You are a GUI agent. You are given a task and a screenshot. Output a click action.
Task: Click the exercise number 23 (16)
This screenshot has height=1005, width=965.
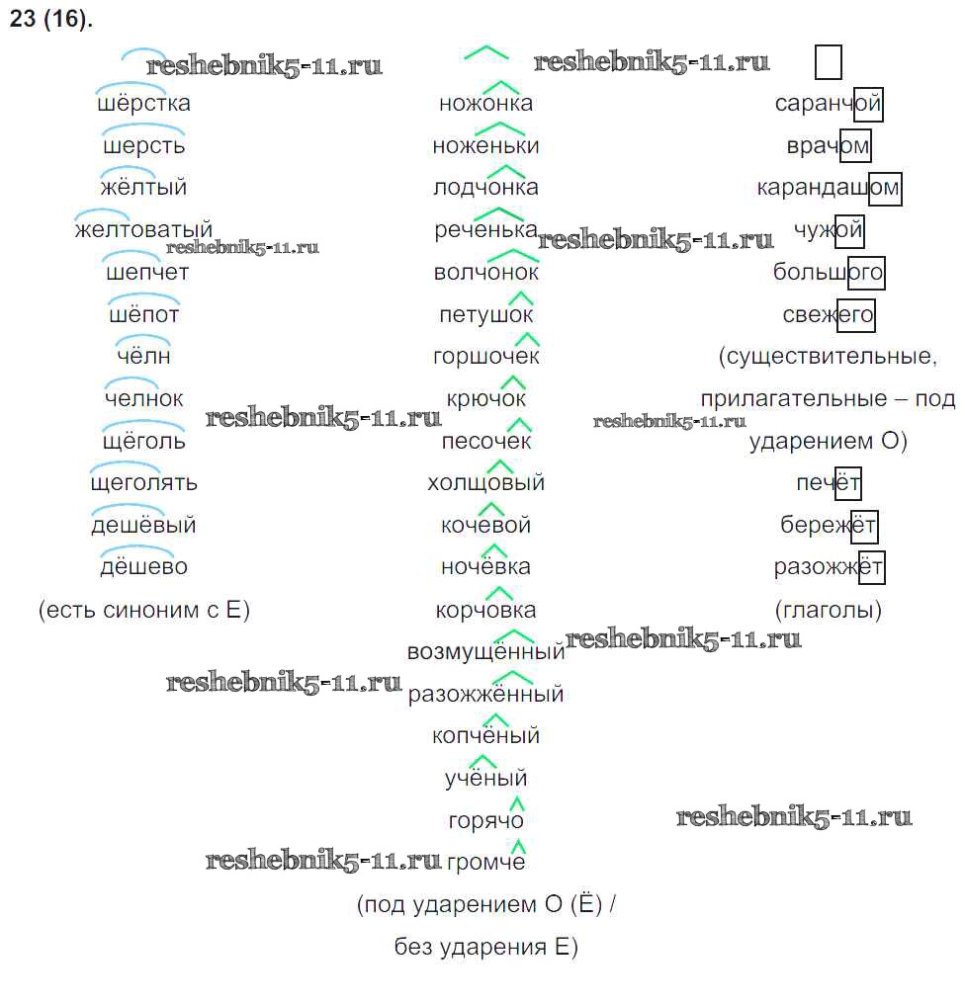[x=50, y=20]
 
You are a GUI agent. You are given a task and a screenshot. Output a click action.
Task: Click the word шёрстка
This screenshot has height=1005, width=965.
[x=144, y=103]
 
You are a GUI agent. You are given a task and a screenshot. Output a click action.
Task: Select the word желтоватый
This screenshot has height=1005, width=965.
[x=143, y=230]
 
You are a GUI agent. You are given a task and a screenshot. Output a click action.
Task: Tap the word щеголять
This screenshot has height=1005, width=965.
[x=144, y=482]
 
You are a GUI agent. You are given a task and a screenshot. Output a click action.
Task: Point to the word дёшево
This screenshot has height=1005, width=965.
[x=144, y=567]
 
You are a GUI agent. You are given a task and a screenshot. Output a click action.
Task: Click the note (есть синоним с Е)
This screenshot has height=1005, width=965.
[x=144, y=611]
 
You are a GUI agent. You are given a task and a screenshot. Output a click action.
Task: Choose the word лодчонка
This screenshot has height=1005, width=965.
[x=485, y=188]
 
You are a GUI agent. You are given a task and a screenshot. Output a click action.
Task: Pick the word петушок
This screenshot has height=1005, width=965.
[x=485, y=315]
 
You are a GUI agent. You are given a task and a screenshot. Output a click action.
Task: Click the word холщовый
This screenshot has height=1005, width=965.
[x=485, y=483]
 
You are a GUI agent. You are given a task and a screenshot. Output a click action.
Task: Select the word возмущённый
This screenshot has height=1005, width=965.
[x=485, y=652]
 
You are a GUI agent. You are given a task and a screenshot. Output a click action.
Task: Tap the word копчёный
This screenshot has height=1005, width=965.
[x=485, y=736]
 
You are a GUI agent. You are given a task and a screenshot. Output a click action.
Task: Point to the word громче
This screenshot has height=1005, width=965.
[x=485, y=863]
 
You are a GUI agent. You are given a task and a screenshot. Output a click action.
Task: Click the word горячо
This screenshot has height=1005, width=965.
[x=485, y=820]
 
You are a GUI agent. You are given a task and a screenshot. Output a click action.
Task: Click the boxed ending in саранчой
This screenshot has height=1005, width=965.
[x=867, y=103]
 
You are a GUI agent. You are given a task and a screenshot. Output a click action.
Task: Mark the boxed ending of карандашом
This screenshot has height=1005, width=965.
[x=885, y=188]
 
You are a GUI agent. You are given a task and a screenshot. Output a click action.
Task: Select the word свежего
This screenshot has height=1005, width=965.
[x=829, y=315]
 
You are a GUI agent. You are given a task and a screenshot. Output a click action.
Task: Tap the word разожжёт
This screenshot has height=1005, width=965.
[x=829, y=568]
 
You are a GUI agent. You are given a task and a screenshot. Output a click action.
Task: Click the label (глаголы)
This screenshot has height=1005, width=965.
[x=829, y=611]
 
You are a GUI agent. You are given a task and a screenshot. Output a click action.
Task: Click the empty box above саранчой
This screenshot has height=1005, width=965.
[x=829, y=61]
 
